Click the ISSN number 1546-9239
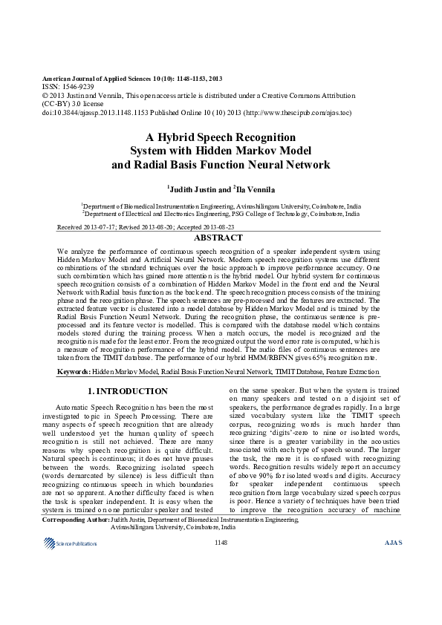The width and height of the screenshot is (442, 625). point(74,87)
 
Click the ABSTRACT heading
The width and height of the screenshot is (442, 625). point(218,238)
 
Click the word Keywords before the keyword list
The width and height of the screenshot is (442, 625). point(74,369)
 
